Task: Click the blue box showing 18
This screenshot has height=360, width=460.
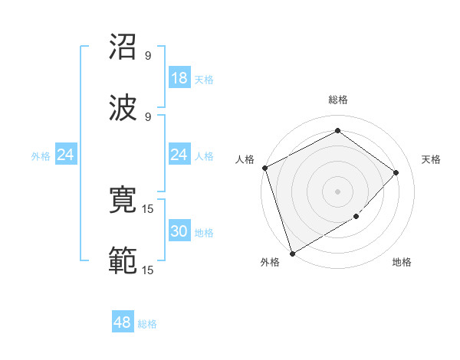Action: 179,78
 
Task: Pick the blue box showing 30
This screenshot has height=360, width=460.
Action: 179,231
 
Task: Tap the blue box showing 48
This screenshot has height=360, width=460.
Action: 123,322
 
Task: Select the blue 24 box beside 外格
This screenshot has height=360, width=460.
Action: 65,155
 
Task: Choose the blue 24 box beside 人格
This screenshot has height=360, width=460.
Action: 179,155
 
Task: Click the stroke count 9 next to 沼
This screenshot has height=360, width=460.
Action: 148,56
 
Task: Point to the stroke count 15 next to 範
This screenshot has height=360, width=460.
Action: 148,270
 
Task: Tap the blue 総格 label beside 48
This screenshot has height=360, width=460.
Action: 147,324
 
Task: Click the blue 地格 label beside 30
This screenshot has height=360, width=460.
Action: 204,232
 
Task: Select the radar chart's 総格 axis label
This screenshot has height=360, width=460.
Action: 338,100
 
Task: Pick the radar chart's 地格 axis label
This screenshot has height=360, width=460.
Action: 402,263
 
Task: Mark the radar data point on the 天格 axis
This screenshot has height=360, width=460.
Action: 396,172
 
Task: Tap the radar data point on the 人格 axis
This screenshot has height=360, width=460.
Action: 264,168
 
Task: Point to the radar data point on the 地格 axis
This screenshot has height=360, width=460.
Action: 356,217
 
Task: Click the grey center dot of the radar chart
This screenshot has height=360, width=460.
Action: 337,191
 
